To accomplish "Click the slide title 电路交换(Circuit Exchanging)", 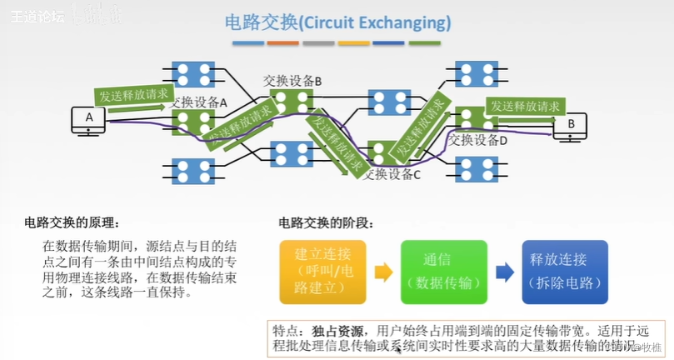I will [x=337, y=22].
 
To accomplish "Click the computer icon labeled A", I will [x=89, y=119].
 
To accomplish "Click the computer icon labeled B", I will [x=571, y=126].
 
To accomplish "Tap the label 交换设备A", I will [x=199, y=102].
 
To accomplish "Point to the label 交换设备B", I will [x=292, y=81].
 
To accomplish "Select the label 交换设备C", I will [x=392, y=174].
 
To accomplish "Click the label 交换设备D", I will [x=478, y=140].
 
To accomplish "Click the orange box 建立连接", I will [x=322, y=272].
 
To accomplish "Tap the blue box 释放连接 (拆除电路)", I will [x=564, y=272].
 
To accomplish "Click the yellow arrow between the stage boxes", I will [x=383, y=272].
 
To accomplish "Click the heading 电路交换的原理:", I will [x=72, y=223].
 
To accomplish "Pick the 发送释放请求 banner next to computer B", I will [x=525, y=107].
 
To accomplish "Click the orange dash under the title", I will [x=283, y=42].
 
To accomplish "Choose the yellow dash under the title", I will [x=354, y=42].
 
